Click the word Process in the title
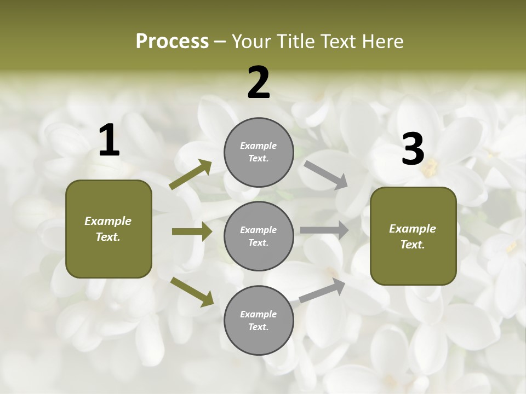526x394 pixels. [x=172, y=42]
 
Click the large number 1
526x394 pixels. [x=109, y=141]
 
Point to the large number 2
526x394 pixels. [x=259, y=83]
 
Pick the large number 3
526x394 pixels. [x=413, y=149]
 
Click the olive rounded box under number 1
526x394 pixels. [x=108, y=229]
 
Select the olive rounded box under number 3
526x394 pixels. [x=413, y=236]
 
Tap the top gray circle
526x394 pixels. [x=259, y=152]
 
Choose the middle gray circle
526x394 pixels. [x=259, y=236]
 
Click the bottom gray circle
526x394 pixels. [x=259, y=320]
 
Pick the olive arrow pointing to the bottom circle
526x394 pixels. [x=192, y=291]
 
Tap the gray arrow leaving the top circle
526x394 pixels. [x=326, y=174]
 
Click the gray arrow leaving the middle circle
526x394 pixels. [x=324, y=230]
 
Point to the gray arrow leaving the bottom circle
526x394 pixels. [x=322, y=290]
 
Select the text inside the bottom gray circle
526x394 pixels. [x=259, y=320]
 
